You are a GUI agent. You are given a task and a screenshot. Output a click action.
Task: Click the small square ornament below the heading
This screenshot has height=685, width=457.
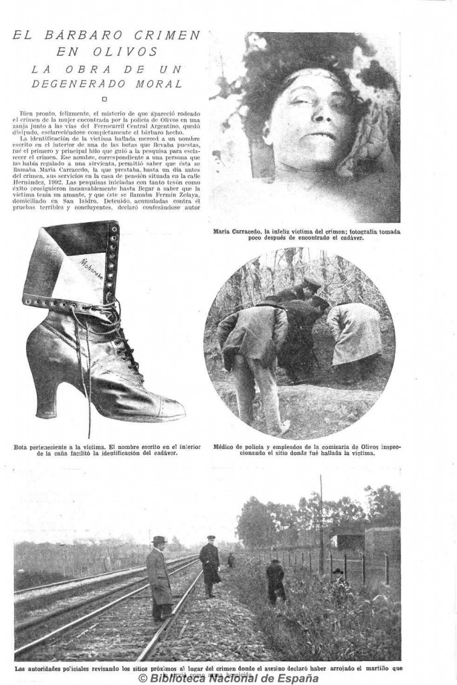point(105,98)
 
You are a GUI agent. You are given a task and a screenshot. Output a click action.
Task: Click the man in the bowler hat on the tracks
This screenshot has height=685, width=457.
point(159,577)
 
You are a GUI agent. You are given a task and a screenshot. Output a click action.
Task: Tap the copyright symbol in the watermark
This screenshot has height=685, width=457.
point(143,678)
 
